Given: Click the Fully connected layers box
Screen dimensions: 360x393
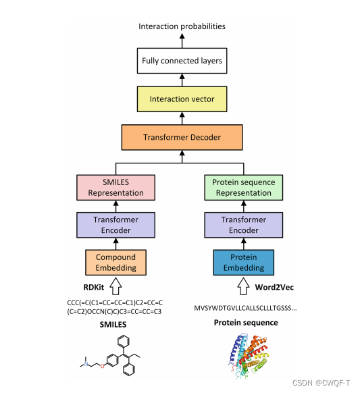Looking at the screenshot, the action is (x=182, y=61).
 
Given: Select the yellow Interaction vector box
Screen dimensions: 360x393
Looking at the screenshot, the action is (x=182, y=99).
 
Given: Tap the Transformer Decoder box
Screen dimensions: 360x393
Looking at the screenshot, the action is (x=182, y=137).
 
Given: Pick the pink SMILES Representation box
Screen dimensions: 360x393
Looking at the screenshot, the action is (x=115, y=188).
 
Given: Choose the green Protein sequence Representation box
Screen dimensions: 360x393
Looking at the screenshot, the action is (x=244, y=188).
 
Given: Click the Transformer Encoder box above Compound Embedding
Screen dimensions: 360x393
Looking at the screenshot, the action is (x=115, y=225).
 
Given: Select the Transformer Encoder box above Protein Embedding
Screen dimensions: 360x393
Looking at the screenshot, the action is (x=244, y=225).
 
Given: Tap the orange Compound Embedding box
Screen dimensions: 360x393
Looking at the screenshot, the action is (x=115, y=263).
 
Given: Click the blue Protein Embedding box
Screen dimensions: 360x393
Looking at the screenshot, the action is (x=244, y=263).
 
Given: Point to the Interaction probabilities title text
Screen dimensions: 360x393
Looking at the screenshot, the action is (x=182, y=26).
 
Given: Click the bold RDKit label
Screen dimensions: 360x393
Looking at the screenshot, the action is (x=93, y=287).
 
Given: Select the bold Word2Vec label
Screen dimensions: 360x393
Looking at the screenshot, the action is (x=274, y=287).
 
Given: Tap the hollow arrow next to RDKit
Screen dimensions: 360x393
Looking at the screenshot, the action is (x=115, y=286).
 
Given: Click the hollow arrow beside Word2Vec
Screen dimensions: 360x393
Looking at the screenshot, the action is (x=243, y=286).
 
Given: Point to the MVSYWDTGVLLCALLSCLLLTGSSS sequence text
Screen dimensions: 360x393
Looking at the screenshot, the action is (x=245, y=308).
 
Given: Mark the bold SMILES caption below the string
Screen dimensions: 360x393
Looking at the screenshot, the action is (x=113, y=325).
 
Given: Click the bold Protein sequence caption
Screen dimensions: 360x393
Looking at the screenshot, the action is (x=246, y=323).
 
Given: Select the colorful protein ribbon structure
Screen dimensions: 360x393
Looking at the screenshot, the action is (x=248, y=355).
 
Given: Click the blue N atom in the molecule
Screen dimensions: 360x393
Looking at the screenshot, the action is (x=86, y=364).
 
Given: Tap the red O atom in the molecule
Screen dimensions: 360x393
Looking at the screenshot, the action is (x=102, y=366).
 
